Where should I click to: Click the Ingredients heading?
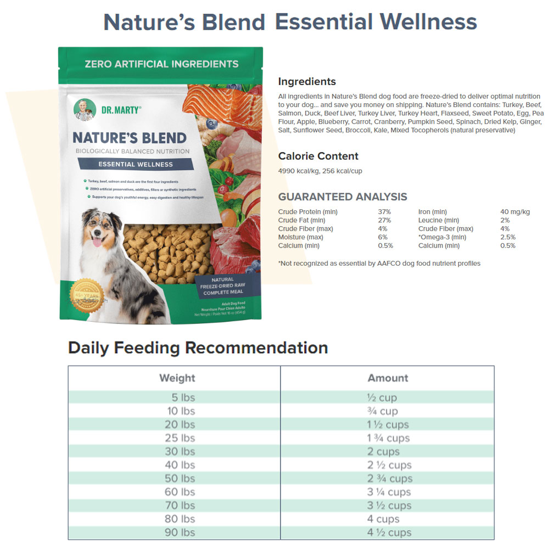[x=307, y=82]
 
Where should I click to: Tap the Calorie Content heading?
[x=318, y=156]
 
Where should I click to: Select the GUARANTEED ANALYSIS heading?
[x=343, y=197]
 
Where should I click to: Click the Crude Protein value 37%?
[x=384, y=212]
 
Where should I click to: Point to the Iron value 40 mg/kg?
[x=515, y=212]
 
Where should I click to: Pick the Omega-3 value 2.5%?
[x=508, y=237]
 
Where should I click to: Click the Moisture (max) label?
[x=300, y=237]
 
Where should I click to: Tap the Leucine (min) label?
[x=439, y=220]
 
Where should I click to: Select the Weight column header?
[x=177, y=378]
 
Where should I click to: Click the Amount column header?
[x=388, y=378]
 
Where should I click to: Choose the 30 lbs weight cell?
[x=180, y=451]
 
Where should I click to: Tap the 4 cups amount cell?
[x=383, y=519]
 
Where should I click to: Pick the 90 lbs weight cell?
[x=180, y=533]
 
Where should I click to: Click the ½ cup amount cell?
[x=382, y=397]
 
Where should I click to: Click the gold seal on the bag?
[x=87, y=295]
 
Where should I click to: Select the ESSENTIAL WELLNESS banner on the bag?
[x=135, y=164]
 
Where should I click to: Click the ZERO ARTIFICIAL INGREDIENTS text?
[x=161, y=64]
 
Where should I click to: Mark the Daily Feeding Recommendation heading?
[x=198, y=348]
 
